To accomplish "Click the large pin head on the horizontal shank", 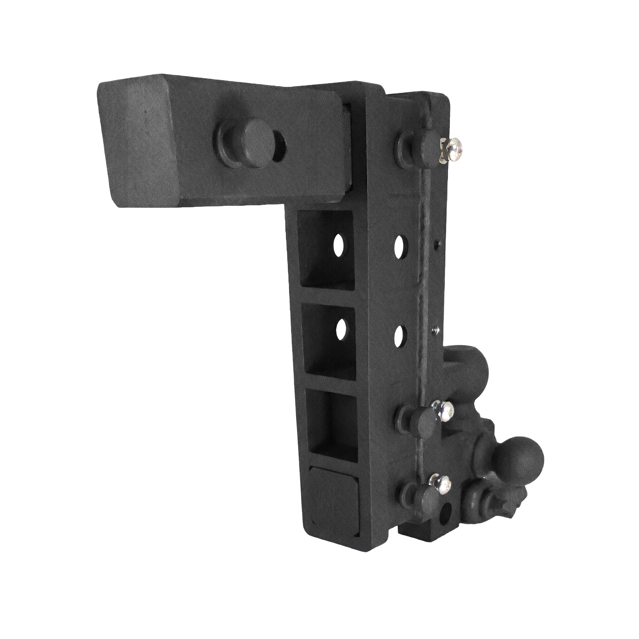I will click(x=254, y=135).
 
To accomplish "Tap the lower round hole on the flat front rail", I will click(x=401, y=335).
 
